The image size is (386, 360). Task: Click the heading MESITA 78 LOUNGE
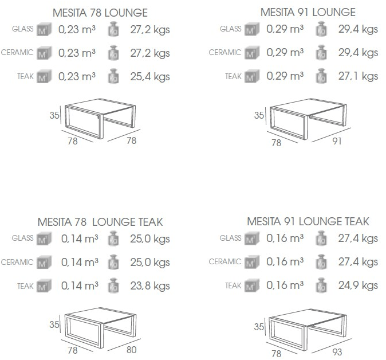coord(100,12)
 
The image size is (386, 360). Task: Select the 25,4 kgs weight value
coord(149,76)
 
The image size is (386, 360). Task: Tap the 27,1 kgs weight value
coord(357,76)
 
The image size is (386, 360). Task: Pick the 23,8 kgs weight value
coord(149,285)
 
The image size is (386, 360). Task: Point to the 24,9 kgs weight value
coord(357,285)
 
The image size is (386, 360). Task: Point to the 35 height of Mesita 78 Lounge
coord(55,115)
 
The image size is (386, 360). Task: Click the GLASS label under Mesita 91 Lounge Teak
coord(231,238)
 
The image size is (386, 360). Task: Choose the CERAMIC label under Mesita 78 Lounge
coord(17,53)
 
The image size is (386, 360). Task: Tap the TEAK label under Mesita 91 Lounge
coord(233,76)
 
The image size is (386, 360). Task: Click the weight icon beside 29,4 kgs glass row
coord(322,29)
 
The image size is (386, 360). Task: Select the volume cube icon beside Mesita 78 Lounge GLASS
coord(44,29)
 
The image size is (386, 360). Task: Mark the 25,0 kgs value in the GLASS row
coord(149,238)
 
